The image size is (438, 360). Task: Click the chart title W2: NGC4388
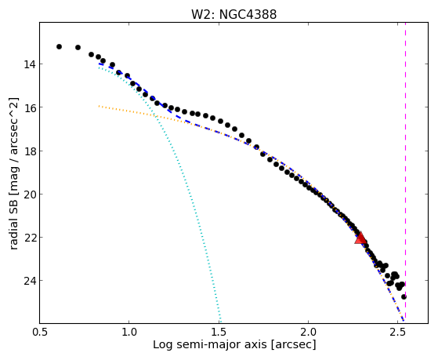pyautogui.click(x=233, y=14)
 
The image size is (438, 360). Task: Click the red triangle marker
pyautogui.click(x=360, y=238)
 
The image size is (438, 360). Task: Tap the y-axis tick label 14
pyautogui.click(x=29, y=64)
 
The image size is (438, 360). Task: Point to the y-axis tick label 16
pyautogui.click(x=29, y=107)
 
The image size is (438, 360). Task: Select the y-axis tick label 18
pyautogui.click(x=29, y=151)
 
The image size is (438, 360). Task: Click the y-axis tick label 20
pyautogui.click(x=29, y=195)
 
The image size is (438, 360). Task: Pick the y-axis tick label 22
pyautogui.click(x=29, y=238)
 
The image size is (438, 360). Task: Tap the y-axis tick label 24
pyautogui.click(x=29, y=281)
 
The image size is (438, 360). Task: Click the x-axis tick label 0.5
pyautogui.click(x=40, y=333)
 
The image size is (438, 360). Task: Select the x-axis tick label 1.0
pyautogui.click(x=129, y=333)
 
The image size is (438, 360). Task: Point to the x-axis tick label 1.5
pyautogui.click(x=219, y=333)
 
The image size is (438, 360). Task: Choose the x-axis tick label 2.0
pyautogui.click(x=308, y=333)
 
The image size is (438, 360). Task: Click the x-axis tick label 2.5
pyautogui.click(x=397, y=333)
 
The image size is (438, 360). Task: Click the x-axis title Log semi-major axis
pyautogui.click(x=209, y=344)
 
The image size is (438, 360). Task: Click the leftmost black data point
pyautogui.click(x=59, y=46)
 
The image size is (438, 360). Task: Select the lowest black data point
pyautogui.click(x=404, y=296)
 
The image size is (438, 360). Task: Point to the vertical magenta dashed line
pyautogui.click(x=405, y=171)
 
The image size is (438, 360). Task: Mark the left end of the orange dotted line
pyautogui.click(x=100, y=106)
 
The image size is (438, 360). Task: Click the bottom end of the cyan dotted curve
pyautogui.click(x=221, y=322)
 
